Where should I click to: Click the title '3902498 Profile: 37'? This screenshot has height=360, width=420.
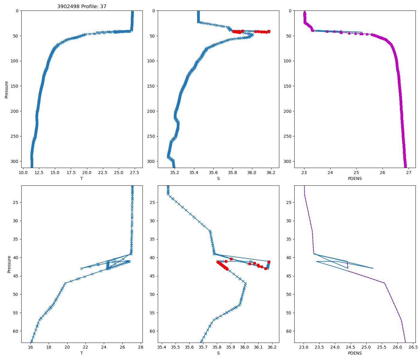click(82, 7)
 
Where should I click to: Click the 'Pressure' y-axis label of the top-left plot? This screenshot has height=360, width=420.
click(7, 89)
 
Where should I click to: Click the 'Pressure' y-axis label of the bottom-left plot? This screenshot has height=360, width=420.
click(9, 264)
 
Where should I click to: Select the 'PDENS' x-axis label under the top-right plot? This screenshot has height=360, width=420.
click(355, 178)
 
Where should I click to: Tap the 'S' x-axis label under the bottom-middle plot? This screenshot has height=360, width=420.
click(218, 353)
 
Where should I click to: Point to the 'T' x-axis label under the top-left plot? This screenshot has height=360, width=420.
click(82, 178)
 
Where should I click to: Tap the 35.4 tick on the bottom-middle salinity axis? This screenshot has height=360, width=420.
click(162, 347)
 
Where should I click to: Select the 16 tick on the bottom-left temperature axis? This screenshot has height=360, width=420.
click(30, 347)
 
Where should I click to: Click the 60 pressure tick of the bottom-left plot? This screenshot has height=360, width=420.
click(16, 331)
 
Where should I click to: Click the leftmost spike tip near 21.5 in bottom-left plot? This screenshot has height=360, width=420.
click(81, 268)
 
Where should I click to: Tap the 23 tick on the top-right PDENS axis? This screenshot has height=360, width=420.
click(304, 172)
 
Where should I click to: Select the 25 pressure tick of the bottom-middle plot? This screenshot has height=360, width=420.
click(152, 202)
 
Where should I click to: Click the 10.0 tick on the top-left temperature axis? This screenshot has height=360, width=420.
click(23, 172)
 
